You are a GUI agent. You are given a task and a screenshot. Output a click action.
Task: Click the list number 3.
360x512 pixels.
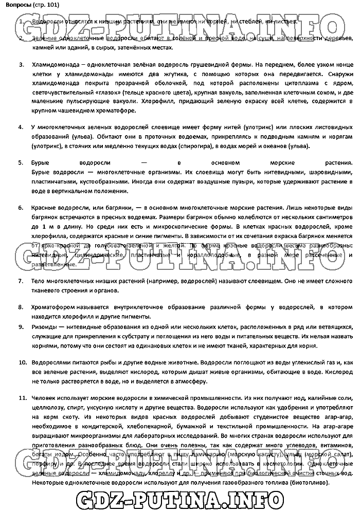[x=21, y=65]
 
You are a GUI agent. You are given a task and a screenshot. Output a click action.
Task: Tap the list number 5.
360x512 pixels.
[x=21, y=162]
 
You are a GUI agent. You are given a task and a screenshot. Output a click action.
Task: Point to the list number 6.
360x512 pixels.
[x=21, y=208]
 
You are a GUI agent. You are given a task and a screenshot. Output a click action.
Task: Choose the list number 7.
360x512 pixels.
[x=21, y=281]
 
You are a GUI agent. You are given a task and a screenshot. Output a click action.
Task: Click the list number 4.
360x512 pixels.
[x=21, y=126]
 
